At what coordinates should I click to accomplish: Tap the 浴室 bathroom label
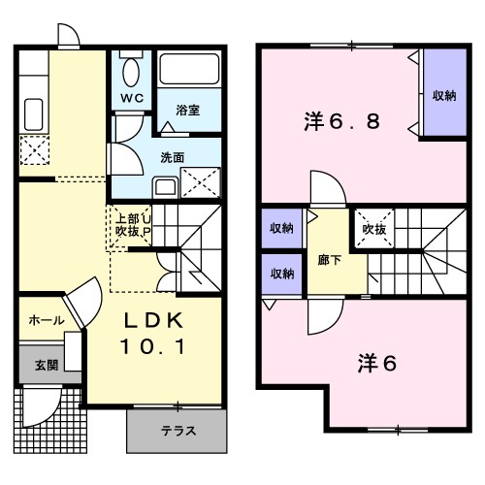[x=187, y=111]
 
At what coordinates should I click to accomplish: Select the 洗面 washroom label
[x=173, y=156]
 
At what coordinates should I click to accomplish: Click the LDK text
[x=151, y=322]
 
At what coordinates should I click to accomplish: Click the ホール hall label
[x=46, y=320]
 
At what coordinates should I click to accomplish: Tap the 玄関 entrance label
[x=47, y=365]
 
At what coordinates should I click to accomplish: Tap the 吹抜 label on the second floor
[x=373, y=230]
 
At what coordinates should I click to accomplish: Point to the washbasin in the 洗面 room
[x=165, y=186]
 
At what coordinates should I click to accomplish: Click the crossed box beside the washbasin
[x=199, y=181]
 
